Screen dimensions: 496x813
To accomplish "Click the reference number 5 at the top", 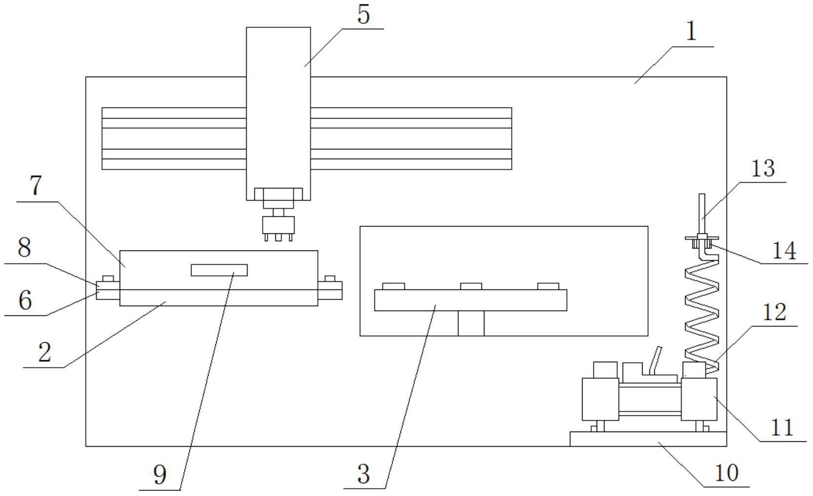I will coord(364,15).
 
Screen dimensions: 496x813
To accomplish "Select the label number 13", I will coord(763,168).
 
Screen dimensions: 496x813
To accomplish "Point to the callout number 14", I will coord(784,251).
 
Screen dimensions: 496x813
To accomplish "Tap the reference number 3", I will coord(363,474).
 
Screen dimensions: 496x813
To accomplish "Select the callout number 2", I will coord(44,352).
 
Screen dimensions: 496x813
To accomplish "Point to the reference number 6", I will coord(25,300).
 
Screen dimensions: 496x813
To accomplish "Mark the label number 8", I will coord(24,248).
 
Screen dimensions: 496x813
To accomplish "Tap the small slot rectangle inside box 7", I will coord(219,270).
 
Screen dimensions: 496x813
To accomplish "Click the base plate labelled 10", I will coord(648,439).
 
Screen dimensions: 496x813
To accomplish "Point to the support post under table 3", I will coord(471,323).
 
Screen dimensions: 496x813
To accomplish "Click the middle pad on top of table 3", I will coord(471,286).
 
